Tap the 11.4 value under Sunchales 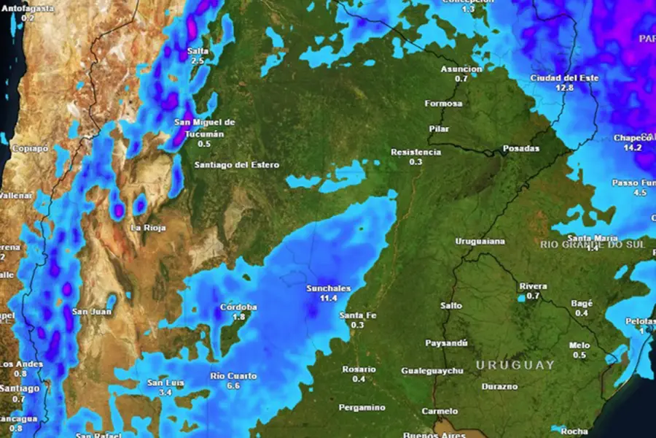329,298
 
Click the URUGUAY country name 515,364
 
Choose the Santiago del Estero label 237,165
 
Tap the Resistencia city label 415,152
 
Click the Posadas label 521,149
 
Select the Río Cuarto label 233,376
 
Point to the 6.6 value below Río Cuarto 233,385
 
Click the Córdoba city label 238,307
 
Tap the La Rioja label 148,228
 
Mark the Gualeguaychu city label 432,371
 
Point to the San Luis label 165,383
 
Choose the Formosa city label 443,104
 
